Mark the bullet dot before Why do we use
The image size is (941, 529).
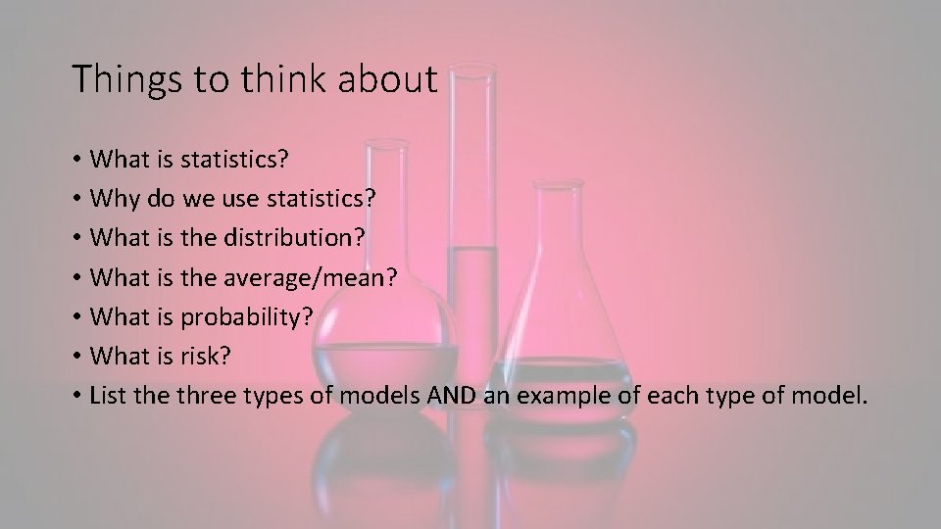tap(75, 199)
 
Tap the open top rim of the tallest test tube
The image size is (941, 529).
tap(470, 68)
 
